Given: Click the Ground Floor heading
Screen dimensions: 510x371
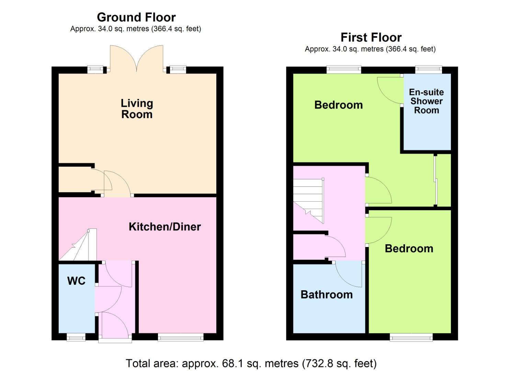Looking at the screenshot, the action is coord(136,17).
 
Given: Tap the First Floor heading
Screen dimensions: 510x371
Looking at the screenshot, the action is coord(371,37).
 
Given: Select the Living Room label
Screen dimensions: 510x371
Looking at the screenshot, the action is coord(137,109).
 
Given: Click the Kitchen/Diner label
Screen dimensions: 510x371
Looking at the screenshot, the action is coord(165,227).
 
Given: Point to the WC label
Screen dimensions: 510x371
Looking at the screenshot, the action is coord(76,281).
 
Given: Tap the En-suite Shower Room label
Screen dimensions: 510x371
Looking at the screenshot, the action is coord(427,101).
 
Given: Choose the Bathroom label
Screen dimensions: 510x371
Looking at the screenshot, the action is coord(327,295).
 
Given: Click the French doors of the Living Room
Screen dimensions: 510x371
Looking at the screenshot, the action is coord(137,58).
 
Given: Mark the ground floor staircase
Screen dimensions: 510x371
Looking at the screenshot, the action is coord(78,245).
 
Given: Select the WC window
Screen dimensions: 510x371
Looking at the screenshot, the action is coord(76,337).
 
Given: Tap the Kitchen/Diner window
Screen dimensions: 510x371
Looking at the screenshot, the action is coord(181,337).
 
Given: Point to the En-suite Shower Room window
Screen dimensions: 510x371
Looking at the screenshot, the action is coord(429,70).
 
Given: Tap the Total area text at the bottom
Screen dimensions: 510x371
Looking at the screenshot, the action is coord(251,363).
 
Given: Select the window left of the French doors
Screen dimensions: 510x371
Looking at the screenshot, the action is coord(95,70).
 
